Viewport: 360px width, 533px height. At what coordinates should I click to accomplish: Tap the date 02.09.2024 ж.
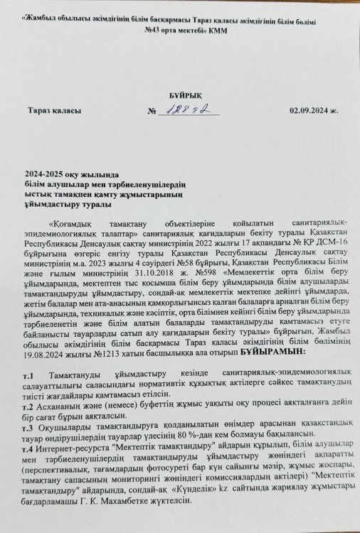(x=313, y=112)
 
